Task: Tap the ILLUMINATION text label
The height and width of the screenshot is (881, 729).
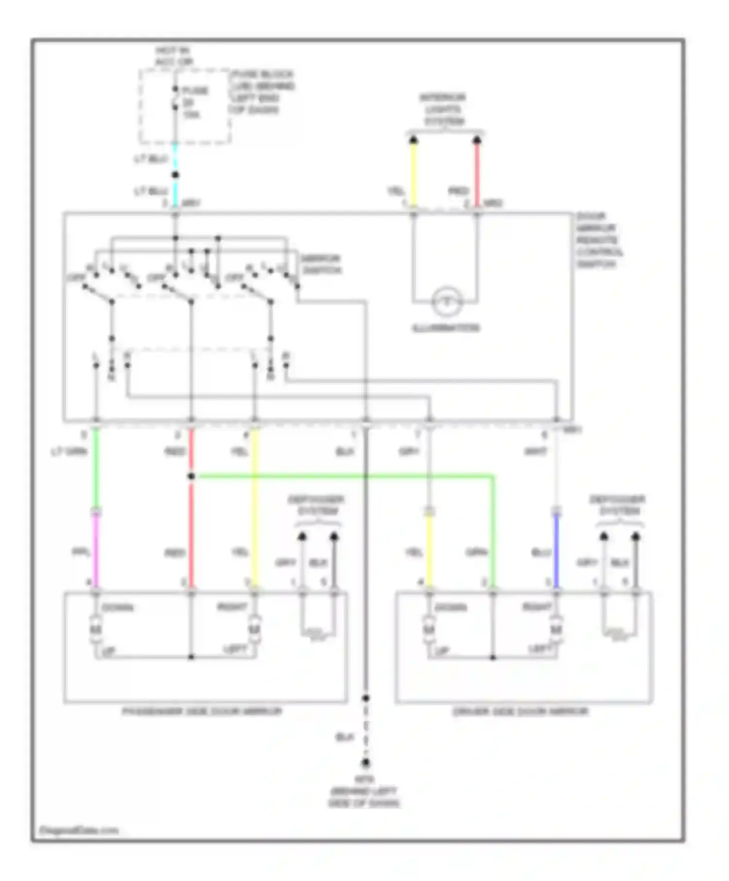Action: coord(446,328)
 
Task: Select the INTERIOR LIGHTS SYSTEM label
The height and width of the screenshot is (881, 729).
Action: coord(443,109)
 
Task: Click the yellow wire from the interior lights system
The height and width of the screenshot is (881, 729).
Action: coord(414,175)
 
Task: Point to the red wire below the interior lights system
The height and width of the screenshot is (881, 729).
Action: coord(477,175)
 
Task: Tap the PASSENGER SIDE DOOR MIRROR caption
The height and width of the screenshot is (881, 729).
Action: coord(202,712)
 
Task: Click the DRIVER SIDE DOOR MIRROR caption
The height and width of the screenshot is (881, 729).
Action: coord(521,712)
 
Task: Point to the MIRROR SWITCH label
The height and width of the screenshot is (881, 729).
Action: coord(320,264)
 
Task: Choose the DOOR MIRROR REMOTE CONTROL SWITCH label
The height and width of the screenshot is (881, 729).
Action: coord(599,240)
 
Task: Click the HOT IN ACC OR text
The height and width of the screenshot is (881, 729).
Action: coord(174,56)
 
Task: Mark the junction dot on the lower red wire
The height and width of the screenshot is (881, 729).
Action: coord(191,476)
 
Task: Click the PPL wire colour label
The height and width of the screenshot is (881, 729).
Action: coord(81,553)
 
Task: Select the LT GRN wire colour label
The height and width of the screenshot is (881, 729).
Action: coord(69,452)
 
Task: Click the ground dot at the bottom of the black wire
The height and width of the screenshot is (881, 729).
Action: coord(366,762)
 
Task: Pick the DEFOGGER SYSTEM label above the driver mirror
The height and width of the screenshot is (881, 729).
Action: coord(617,505)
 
